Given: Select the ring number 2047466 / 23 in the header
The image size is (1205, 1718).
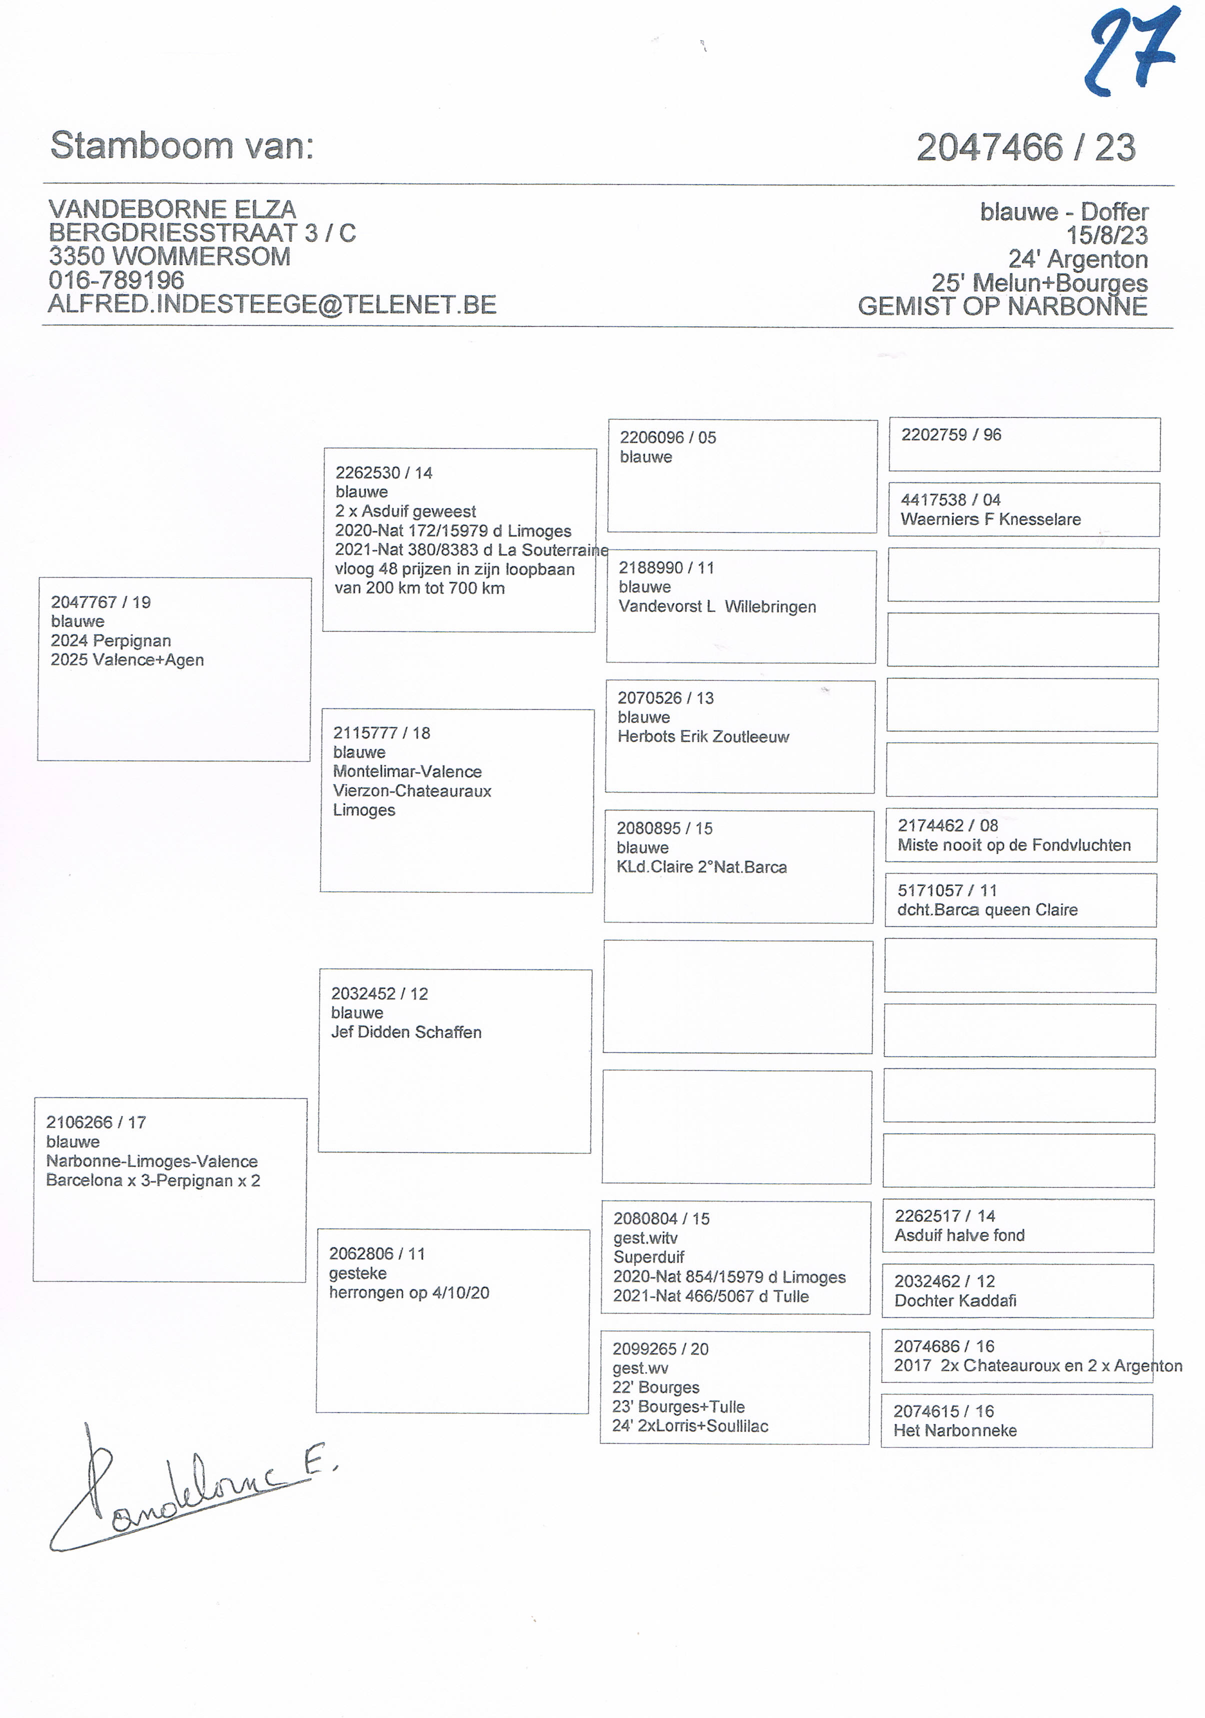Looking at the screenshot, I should coord(1025,147).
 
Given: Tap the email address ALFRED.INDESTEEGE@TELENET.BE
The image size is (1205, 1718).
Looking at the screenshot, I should coord(272,304).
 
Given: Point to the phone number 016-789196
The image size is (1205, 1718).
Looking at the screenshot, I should coord(116,280).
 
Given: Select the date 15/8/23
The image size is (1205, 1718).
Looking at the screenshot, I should coord(1106,235).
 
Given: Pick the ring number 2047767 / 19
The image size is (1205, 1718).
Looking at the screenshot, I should coord(101,602).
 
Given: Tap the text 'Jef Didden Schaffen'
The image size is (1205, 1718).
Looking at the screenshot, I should coord(406,1032).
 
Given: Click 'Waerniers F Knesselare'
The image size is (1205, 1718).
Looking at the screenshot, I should coord(990,519).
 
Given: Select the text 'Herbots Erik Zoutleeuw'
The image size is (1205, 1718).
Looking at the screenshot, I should coord(703,737).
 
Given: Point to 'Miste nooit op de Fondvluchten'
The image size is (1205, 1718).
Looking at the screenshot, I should coord(1013,845).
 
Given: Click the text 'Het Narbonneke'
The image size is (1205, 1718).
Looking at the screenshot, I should coord(954,1430).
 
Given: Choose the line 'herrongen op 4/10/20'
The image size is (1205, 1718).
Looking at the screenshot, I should coord(409,1293).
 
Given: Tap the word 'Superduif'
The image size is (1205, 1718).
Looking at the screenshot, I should coord(648,1258).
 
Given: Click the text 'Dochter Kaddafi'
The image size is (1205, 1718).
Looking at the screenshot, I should coord(955,1300).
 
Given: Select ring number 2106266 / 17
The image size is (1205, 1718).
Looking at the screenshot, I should coord(96,1122).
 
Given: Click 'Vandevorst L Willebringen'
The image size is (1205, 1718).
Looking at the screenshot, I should coord(716,607).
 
